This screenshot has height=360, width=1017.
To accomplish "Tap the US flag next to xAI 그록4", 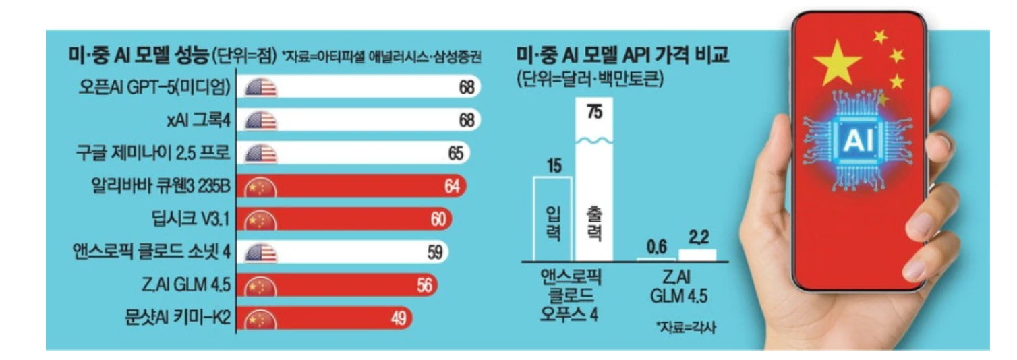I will [261, 121].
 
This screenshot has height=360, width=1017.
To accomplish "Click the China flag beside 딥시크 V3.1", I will [261, 220].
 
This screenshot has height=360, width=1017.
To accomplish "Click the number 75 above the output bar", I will [594, 113].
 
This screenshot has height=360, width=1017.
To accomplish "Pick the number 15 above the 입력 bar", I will [554, 164].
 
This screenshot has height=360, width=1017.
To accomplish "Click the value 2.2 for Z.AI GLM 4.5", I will [697, 238].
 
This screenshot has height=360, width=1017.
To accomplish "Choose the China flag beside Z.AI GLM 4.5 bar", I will [261, 286].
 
